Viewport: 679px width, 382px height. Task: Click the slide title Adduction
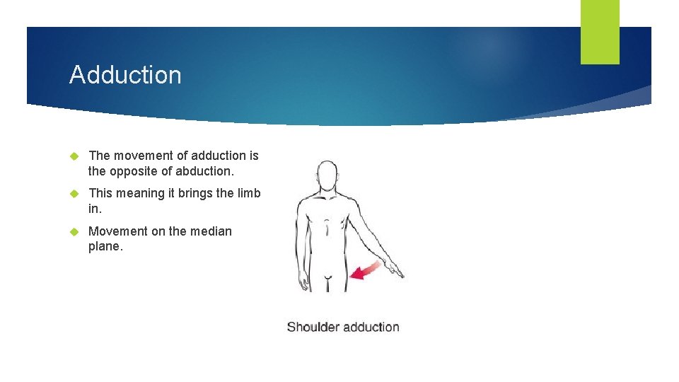tap(125, 75)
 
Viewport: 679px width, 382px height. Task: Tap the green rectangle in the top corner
tap(599, 32)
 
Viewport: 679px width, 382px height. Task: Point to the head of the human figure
tap(326, 175)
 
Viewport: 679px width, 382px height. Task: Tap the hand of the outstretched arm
tap(395, 270)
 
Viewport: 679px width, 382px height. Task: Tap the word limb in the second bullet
tap(248, 194)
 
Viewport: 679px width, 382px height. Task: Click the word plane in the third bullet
tap(105, 246)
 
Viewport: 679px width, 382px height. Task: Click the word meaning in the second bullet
tap(140, 194)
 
